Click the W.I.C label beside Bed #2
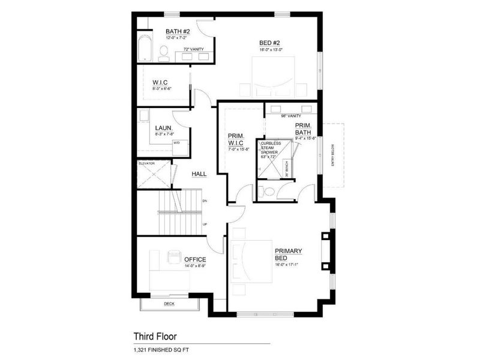160,82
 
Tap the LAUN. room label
164,128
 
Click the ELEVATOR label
147,163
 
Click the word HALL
199,174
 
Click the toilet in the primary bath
268,192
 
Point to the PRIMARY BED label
289,254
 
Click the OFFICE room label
195,259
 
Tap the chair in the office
174,256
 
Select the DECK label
169,304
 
